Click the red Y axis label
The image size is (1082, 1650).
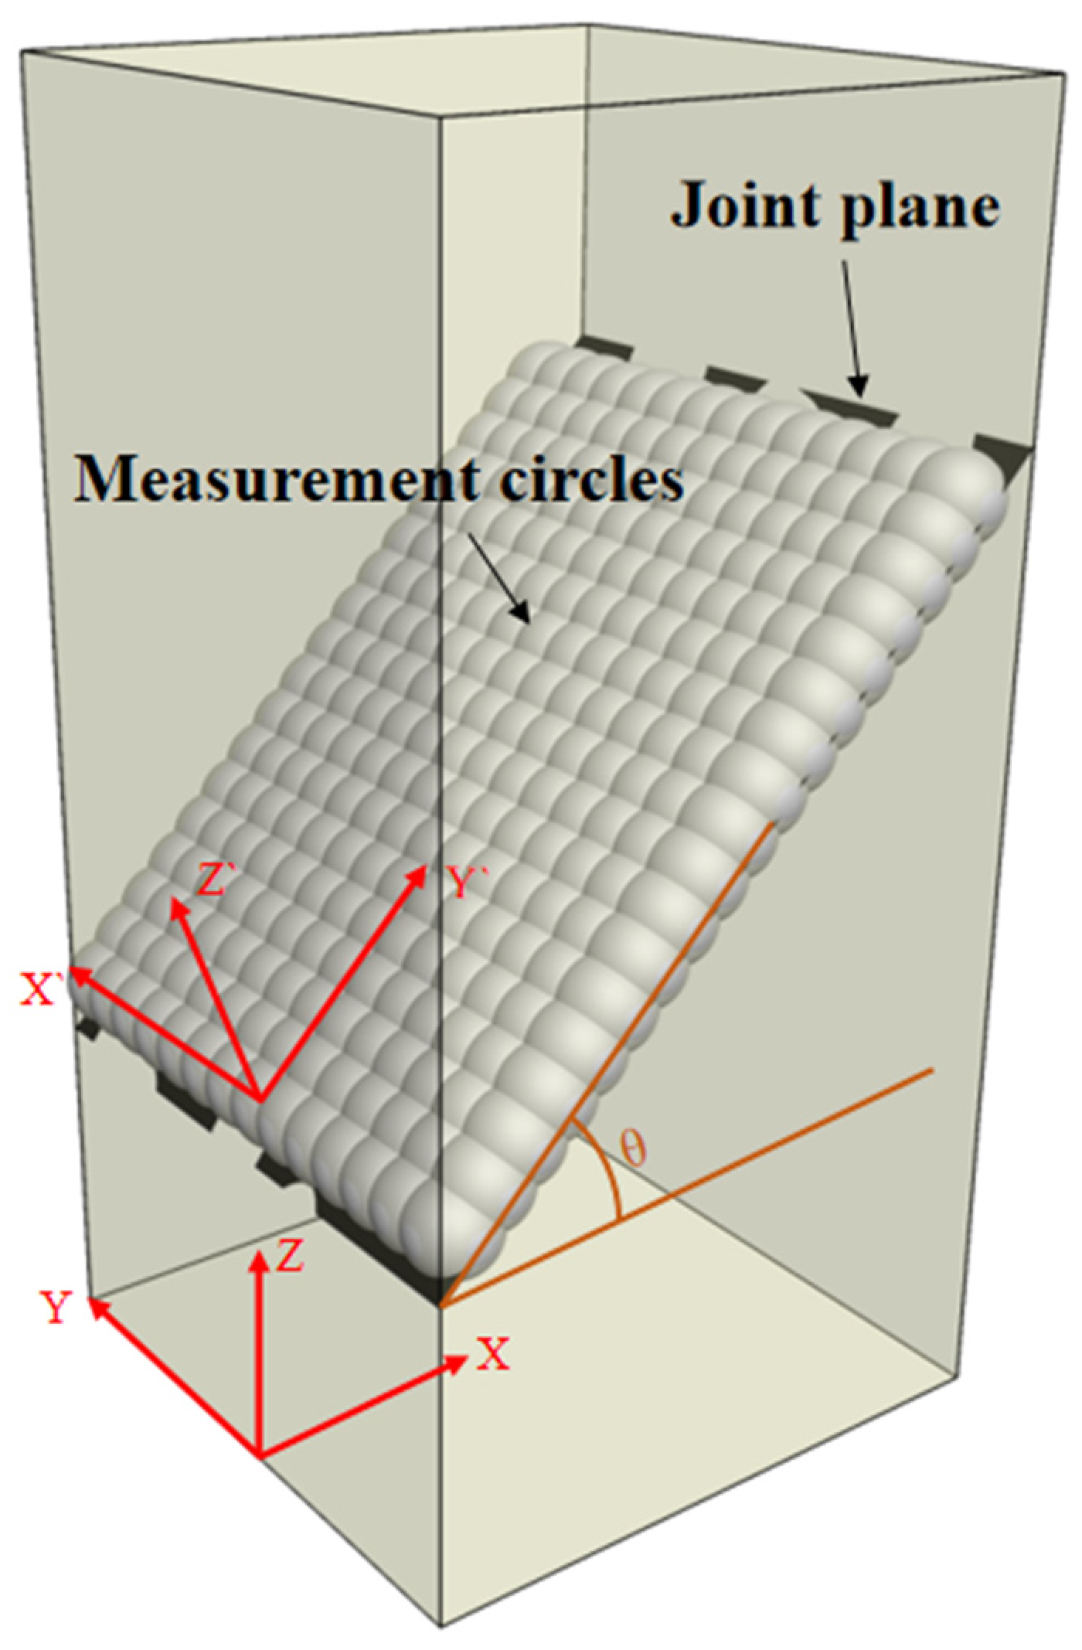pyautogui.click(x=56, y=1307)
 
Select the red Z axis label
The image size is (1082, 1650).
pyautogui.click(x=291, y=1257)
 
